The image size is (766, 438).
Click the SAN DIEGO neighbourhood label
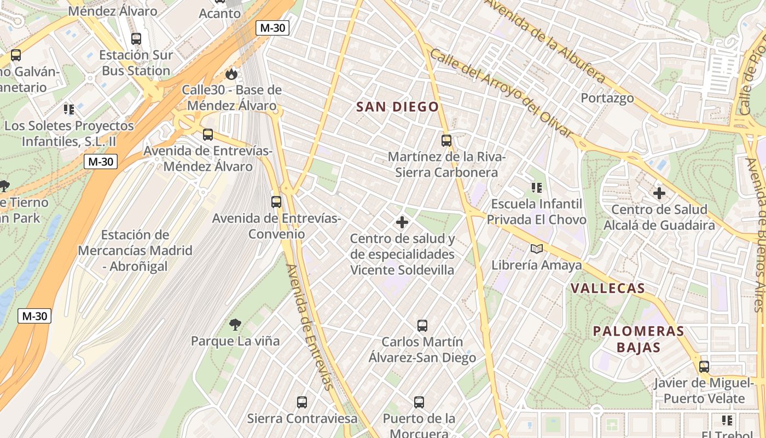coord(397,107)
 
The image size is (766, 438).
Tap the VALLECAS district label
coord(607,289)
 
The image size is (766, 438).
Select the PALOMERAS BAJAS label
coord(639,339)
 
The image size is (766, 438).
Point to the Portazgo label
coord(607,98)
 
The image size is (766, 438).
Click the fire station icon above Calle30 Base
coord(231,74)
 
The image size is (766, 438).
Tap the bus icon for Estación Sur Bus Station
coord(136,39)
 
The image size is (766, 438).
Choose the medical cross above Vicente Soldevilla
coord(402,222)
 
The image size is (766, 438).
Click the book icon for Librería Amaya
coord(537,249)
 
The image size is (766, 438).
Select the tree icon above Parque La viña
coord(235,325)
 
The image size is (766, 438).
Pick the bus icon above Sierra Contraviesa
coord(301,402)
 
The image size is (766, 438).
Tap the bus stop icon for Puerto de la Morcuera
coord(419,402)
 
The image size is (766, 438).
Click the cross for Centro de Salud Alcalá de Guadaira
coord(659,193)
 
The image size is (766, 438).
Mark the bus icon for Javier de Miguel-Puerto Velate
coord(704,366)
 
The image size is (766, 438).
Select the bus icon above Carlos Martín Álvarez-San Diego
coord(422,326)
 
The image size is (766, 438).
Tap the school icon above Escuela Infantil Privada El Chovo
coord(537,188)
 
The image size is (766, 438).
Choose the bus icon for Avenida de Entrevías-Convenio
coord(276,201)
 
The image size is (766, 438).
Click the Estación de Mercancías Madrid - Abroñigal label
coord(135,251)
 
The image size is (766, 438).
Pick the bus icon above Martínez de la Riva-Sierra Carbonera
coord(446,141)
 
